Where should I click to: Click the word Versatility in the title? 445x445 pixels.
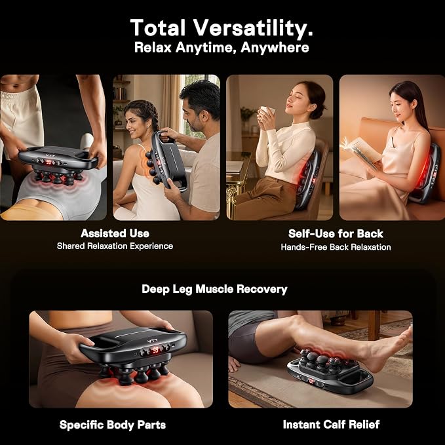[x=253, y=28]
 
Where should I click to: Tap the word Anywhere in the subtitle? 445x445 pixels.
[x=275, y=47]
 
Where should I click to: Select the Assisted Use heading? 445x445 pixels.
[x=115, y=233]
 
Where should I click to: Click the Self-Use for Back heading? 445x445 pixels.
[x=336, y=233]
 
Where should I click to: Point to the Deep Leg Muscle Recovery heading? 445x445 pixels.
[x=214, y=289]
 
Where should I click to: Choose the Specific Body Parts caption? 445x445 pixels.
[x=112, y=425]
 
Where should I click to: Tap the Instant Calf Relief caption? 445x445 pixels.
[x=331, y=424]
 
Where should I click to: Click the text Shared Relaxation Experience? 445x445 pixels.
[x=115, y=246]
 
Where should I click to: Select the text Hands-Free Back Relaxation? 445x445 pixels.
[x=336, y=247]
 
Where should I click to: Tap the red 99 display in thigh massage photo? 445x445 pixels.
[x=155, y=350]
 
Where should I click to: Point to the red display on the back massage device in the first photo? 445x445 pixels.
[x=48, y=162]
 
